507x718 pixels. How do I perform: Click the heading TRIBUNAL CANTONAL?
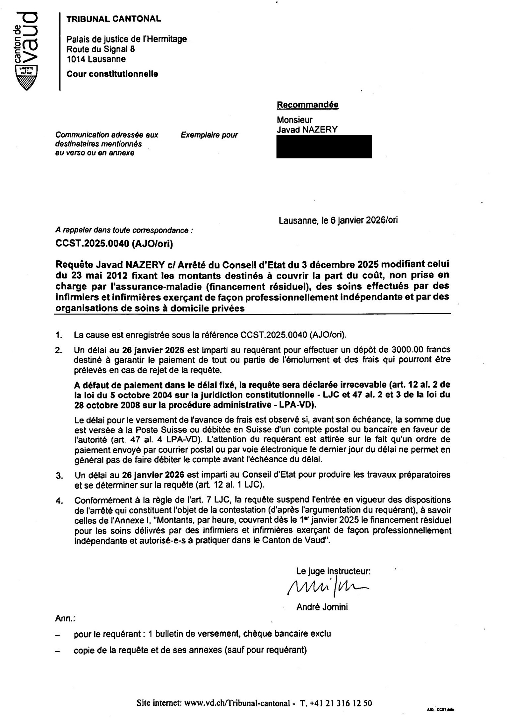[114, 19]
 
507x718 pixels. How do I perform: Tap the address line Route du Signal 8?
[101, 49]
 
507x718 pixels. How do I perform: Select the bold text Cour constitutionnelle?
[112, 74]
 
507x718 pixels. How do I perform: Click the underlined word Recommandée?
[307, 105]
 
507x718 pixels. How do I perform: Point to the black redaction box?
[324, 146]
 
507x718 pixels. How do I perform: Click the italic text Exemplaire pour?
[209, 135]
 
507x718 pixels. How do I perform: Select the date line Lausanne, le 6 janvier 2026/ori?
[338, 220]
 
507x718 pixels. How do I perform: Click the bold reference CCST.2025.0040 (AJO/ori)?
[114, 244]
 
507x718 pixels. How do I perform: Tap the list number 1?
[59, 335]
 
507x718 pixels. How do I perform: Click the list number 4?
[59, 501]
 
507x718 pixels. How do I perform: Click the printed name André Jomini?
[322, 607]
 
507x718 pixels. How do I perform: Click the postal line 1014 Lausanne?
[96, 59]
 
